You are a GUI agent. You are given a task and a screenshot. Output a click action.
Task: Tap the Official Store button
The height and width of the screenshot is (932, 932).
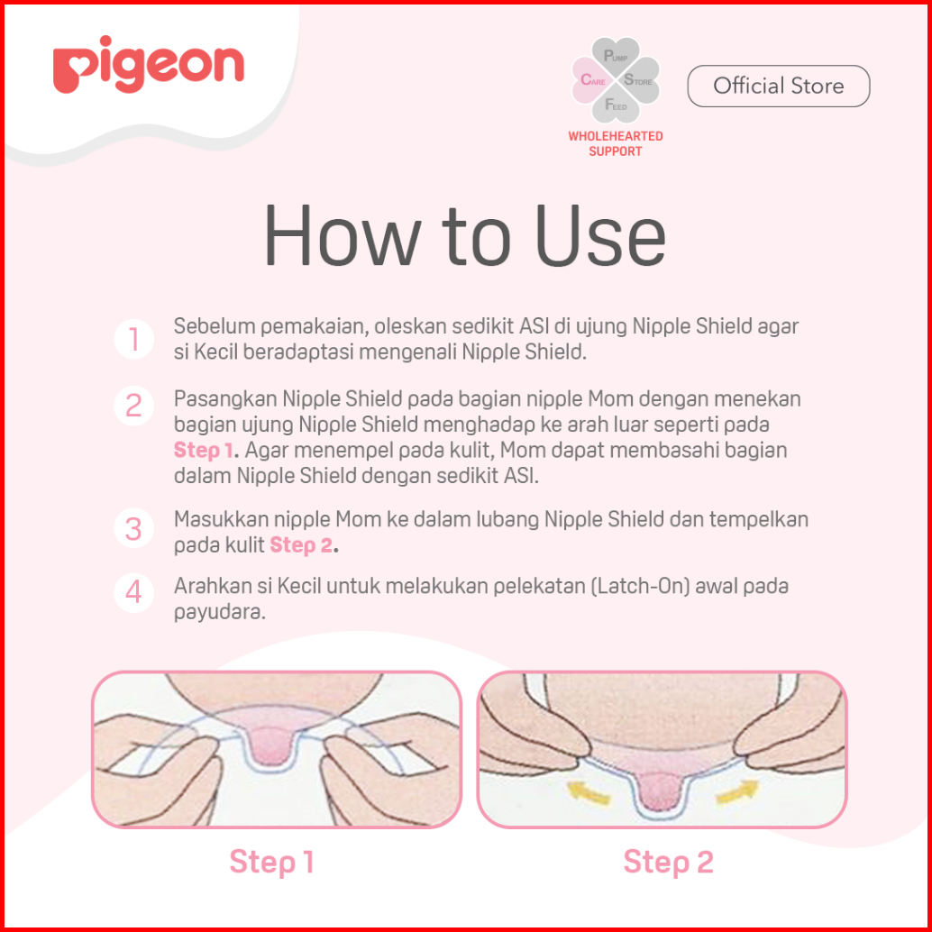click(779, 87)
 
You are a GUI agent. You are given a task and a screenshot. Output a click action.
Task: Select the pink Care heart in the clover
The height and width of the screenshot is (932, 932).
click(592, 80)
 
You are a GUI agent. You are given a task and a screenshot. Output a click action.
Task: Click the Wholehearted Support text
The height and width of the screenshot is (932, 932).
click(616, 144)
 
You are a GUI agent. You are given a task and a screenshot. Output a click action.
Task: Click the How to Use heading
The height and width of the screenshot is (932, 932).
click(465, 235)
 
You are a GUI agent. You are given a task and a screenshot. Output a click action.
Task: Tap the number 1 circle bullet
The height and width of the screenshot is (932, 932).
click(133, 340)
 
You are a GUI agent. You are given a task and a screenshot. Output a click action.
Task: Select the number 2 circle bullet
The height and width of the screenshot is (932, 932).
click(133, 406)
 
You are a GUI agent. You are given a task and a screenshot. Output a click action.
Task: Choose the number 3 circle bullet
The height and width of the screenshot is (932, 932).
click(133, 528)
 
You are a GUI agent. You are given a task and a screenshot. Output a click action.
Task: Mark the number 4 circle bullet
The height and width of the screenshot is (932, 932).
click(133, 592)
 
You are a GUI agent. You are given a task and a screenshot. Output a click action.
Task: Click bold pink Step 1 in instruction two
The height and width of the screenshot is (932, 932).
click(204, 451)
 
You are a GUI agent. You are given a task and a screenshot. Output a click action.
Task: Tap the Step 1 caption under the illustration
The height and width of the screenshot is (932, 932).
click(271, 862)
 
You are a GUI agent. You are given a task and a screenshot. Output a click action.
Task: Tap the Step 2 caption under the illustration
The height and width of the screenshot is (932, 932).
click(668, 862)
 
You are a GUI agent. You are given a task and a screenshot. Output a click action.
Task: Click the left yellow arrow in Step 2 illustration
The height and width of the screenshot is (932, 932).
click(589, 791)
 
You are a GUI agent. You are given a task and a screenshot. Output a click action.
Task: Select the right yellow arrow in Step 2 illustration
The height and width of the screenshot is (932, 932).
click(737, 791)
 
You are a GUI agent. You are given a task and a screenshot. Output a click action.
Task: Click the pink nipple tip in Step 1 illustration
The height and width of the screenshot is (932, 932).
click(273, 749)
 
